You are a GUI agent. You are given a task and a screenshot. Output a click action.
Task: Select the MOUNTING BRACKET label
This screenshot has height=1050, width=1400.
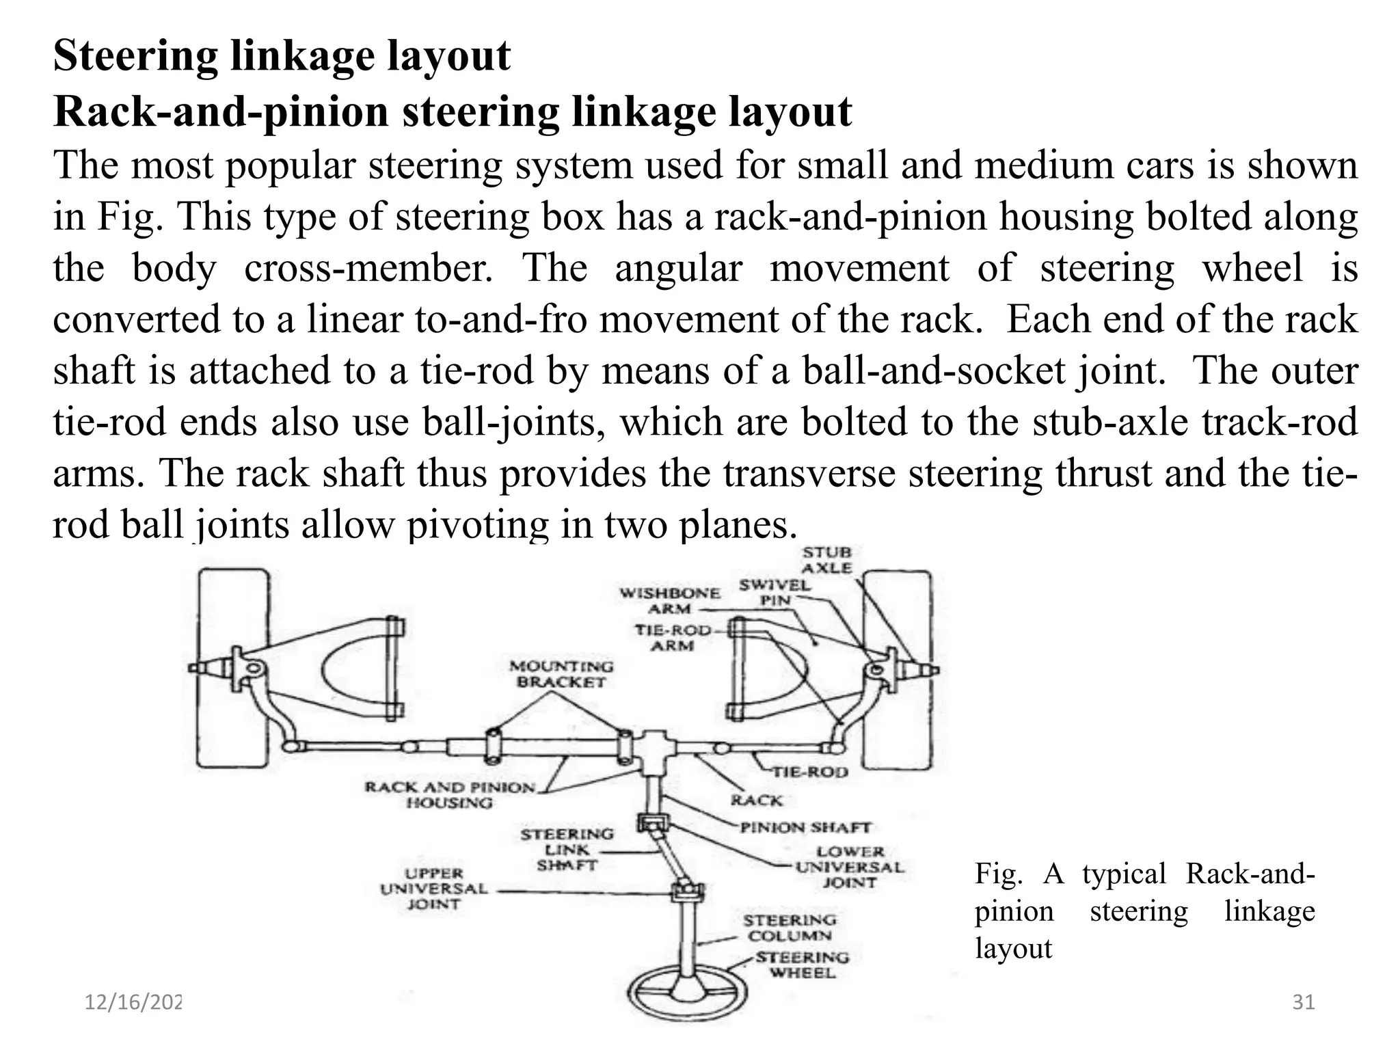(561, 674)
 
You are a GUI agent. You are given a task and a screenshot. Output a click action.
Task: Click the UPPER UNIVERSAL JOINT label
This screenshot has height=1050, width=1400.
(433, 889)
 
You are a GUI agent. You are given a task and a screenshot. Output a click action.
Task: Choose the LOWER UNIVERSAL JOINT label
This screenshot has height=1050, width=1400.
(850, 867)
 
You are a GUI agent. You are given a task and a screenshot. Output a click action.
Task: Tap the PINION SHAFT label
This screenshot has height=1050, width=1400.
(805, 828)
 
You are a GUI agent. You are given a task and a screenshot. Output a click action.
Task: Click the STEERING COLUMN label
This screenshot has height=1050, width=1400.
(790, 928)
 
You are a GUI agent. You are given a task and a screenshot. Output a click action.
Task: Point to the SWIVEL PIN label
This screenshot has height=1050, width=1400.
(775, 592)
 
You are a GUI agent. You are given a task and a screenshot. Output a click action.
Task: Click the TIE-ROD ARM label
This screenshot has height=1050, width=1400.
(673, 637)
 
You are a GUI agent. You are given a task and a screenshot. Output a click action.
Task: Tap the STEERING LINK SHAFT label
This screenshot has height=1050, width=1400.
(567, 850)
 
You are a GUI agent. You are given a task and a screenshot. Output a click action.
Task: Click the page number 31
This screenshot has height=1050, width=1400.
(1304, 1003)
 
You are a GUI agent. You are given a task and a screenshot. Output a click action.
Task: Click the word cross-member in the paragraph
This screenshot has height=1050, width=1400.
(368, 268)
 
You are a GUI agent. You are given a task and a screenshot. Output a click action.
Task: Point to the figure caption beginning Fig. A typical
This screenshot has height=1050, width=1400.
(1144, 911)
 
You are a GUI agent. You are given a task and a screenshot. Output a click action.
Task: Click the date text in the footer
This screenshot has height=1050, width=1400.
(133, 1003)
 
